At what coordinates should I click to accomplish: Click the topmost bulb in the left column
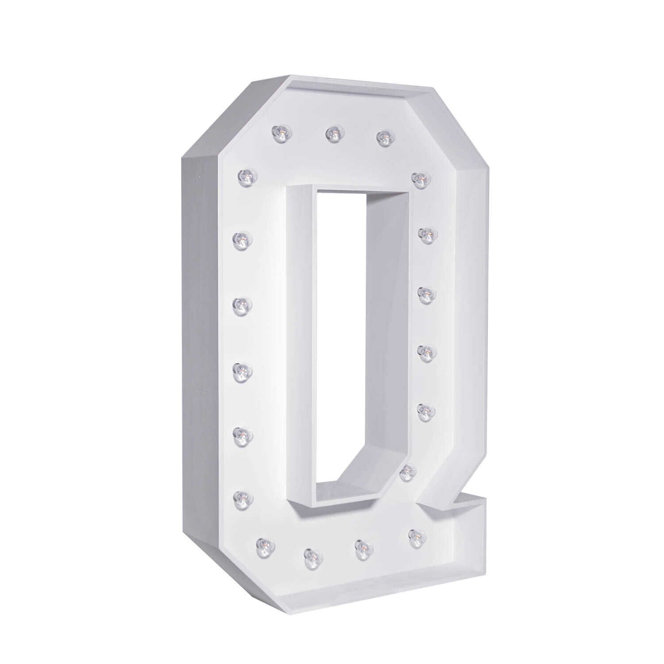pyautogui.click(x=245, y=175)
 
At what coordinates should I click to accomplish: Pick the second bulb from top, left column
pyautogui.click(x=241, y=239)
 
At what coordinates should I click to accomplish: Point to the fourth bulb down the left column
pyautogui.click(x=241, y=369)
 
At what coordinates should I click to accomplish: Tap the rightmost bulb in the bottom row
pyautogui.click(x=416, y=536)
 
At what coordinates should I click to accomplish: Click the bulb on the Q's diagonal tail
pyautogui.click(x=406, y=473)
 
